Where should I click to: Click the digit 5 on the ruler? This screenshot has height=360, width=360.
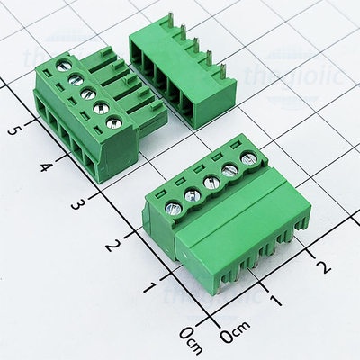click(x=12, y=130)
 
